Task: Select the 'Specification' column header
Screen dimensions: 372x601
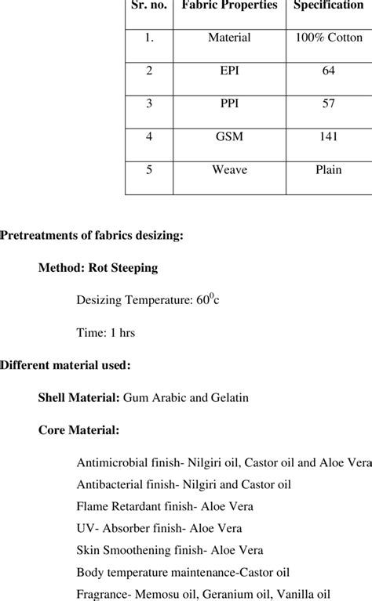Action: (328, 5)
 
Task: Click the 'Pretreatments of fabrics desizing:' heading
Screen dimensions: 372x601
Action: (92, 234)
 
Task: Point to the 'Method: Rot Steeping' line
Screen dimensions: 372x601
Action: (98, 267)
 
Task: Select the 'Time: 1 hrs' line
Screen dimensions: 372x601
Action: (106, 332)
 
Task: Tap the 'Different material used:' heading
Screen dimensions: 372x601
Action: (65, 364)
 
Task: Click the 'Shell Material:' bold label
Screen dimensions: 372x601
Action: (79, 397)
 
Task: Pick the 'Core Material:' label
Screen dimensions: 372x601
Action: (78, 429)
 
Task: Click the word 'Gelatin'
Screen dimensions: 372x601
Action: (229, 397)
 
